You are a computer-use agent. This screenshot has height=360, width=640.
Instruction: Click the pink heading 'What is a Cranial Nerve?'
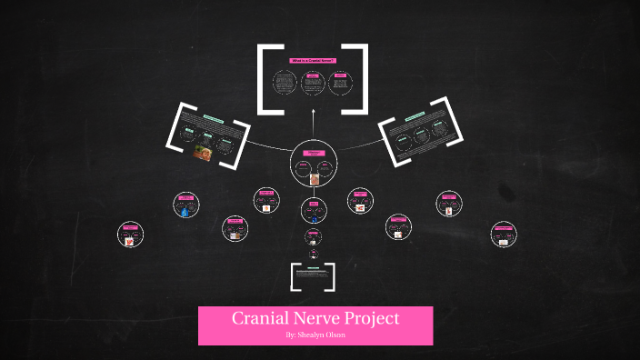pyautogui.click(x=312, y=61)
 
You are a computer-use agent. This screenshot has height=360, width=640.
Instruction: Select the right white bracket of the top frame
pyautogui.click(x=362, y=78)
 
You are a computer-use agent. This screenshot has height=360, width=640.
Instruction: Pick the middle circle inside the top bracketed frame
pyautogui.click(x=312, y=85)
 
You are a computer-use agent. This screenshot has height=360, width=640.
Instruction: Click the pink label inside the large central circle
pyautogui.click(x=313, y=154)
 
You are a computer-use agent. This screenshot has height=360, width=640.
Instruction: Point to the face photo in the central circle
pyautogui.click(x=314, y=179)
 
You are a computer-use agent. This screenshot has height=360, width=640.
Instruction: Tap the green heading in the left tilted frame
pyautogui.click(x=213, y=119)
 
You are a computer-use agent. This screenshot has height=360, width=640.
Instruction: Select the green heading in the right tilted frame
pyautogui.click(x=415, y=117)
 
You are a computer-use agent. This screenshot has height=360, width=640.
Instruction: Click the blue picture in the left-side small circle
pyautogui.click(x=185, y=212)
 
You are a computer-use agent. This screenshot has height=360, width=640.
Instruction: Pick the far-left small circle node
pyautogui.click(x=131, y=235)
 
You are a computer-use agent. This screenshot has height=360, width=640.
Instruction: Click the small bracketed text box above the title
pyautogui.click(x=313, y=276)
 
